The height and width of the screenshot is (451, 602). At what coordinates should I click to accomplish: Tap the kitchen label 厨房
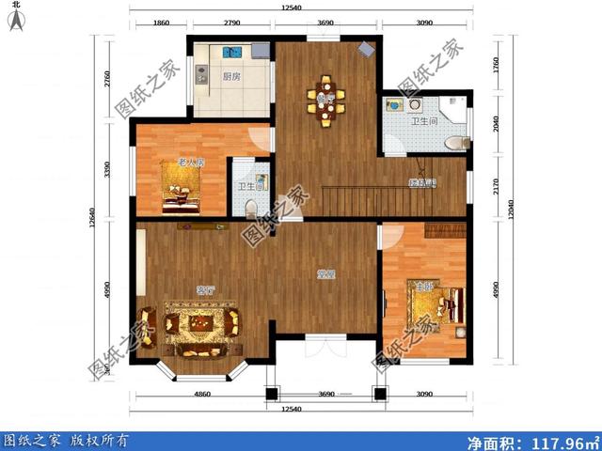click(x=230, y=78)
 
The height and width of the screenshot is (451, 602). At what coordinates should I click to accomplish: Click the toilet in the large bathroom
click(x=455, y=143)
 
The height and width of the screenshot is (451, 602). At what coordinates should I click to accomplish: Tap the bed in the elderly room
click(x=180, y=194)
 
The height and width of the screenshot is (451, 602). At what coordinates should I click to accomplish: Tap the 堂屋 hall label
click(x=326, y=274)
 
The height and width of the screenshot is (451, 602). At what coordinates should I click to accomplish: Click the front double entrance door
click(x=324, y=350)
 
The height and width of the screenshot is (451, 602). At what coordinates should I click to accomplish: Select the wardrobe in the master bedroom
click(x=444, y=229)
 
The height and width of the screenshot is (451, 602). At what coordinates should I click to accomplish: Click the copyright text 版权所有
click(x=102, y=440)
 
